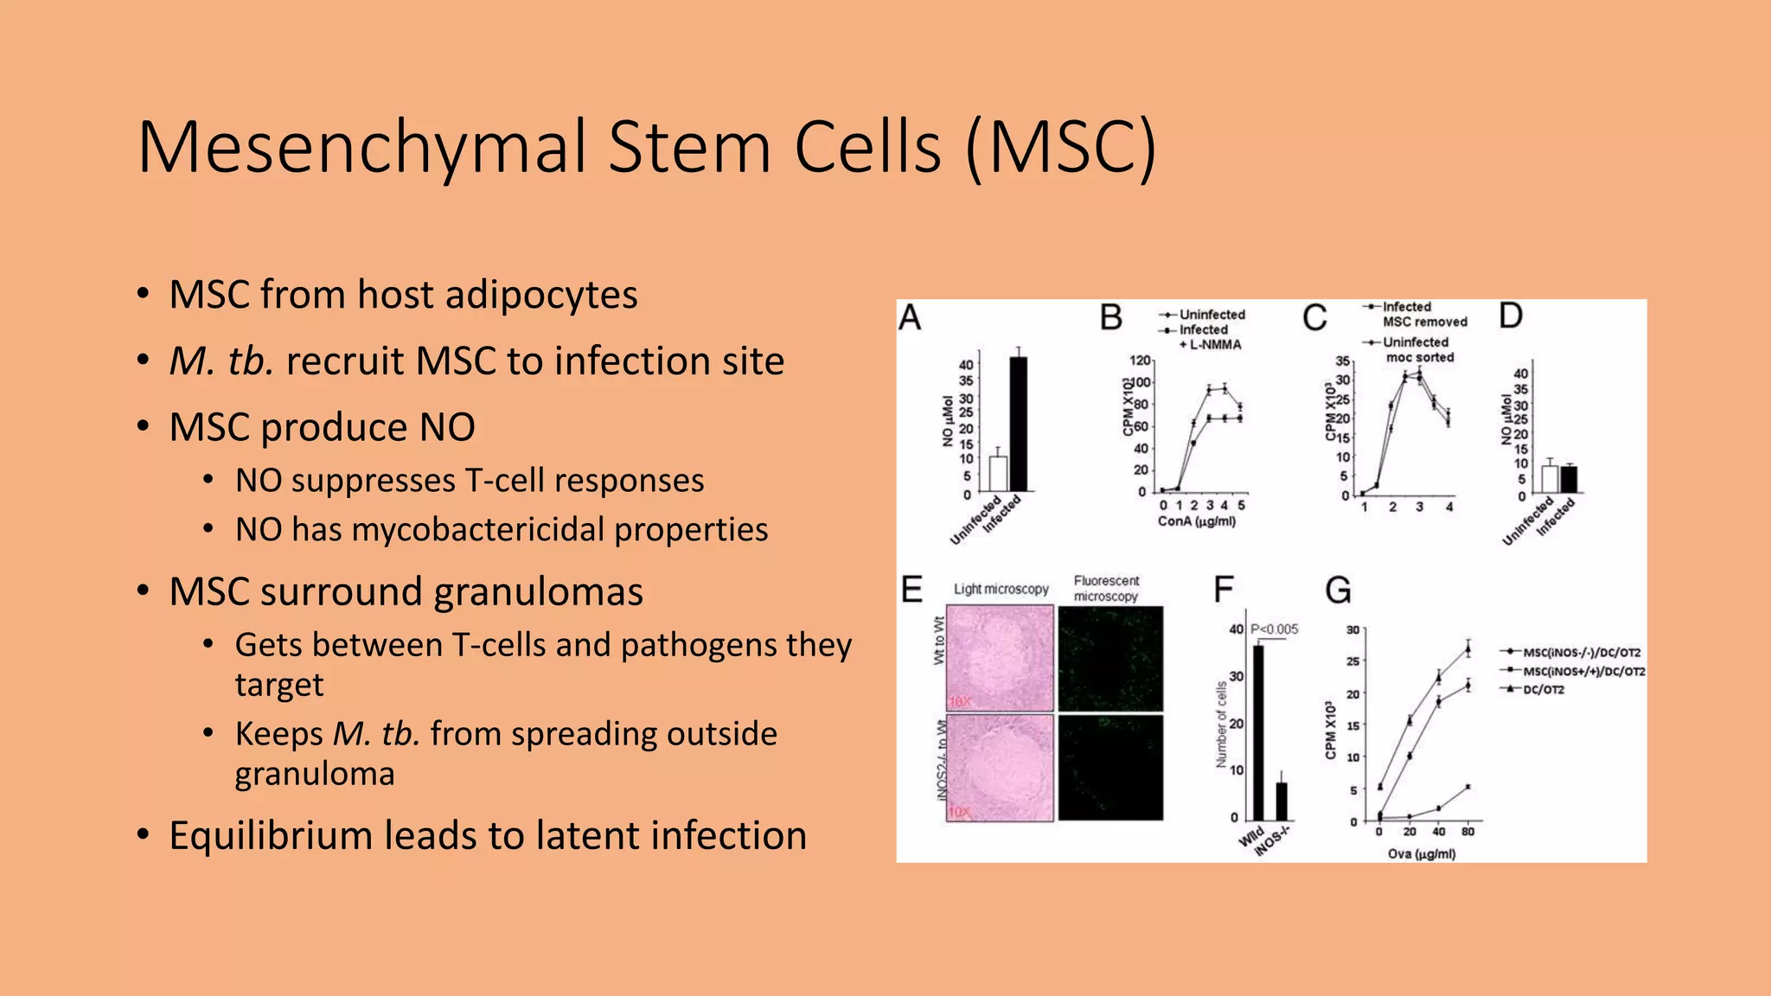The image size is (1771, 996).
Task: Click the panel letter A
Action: pos(910,318)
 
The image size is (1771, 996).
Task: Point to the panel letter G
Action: pos(1338,591)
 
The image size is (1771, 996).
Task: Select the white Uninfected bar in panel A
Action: pos(998,474)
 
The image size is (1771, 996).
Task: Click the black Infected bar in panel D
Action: pos(1569,479)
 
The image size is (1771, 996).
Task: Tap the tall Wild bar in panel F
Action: pos(1258,731)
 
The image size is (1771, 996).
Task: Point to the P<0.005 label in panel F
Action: pos(1275,629)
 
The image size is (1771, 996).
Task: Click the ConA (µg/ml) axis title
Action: pos(1197,522)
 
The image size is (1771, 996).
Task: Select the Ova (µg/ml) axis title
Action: pos(1422,854)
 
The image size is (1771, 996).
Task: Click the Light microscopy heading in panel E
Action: pos(1001,590)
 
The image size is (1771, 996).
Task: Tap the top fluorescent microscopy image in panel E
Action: pos(1110,659)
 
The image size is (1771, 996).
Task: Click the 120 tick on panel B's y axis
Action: pos(1140,361)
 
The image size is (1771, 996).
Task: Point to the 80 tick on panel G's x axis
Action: pos(1468,832)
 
